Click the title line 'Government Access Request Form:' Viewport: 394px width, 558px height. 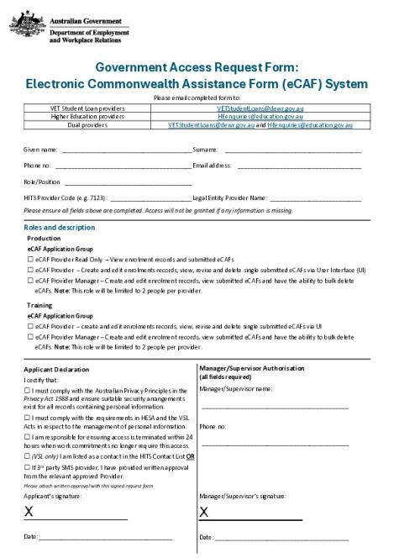pyautogui.click(x=197, y=67)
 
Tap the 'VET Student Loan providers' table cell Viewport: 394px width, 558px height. pyautogui.click(x=87, y=108)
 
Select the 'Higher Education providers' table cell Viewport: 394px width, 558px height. pyautogui.click(x=87, y=116)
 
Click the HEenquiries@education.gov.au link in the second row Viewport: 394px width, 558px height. pyautogui.click(x=260, y=116)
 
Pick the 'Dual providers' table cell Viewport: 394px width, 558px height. pyautogui.click(x=87, y=124)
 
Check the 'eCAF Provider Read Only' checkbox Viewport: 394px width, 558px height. pyautogui.click(x=30, y=260)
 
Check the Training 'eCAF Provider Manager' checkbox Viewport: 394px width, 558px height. pyautogui.click(x=30, y=336)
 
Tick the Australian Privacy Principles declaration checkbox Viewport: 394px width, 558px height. pyautogui.click(x=27, y=391)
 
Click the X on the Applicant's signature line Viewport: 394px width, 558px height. pyautogui.click(x=29, y=511)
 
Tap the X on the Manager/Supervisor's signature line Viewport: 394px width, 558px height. pyautogui.click(x=204, y=511)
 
